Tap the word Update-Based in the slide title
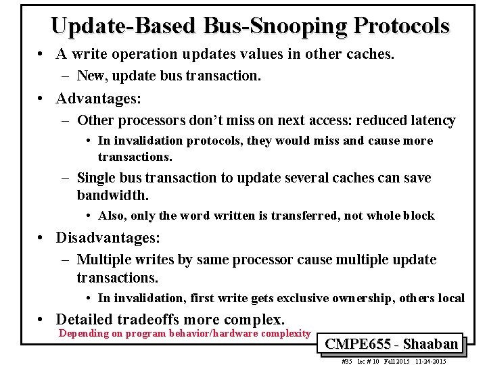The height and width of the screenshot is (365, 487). click(124, 25)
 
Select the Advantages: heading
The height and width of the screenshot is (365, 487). click(99, 99)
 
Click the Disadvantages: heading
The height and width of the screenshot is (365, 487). click(108, 238)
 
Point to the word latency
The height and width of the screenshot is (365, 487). click(431, 120)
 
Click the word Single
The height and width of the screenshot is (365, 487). click(96, 178)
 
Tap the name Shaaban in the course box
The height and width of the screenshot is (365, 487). click(430, 343)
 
